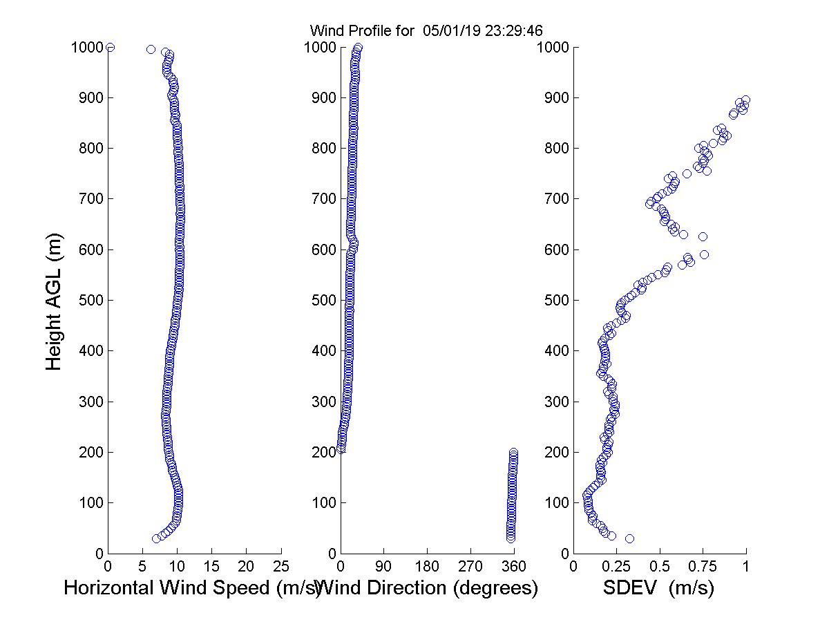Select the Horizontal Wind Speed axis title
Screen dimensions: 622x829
pos(192,588)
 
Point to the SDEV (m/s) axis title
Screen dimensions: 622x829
pos(658,588)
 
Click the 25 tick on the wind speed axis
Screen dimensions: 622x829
pos(280,567)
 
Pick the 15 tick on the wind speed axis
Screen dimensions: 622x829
pos(211,567)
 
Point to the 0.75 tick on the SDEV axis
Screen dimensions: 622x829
pos(703,567)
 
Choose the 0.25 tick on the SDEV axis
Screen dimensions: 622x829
pos(616,567)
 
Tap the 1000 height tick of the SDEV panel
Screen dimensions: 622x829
pos(553,48)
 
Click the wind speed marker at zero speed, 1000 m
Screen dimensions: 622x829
pos(110,47)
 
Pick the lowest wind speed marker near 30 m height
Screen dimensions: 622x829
pos(156,538)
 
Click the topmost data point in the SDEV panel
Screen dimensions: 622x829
pos(745,100)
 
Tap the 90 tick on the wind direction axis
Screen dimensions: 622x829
pos(383,567)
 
